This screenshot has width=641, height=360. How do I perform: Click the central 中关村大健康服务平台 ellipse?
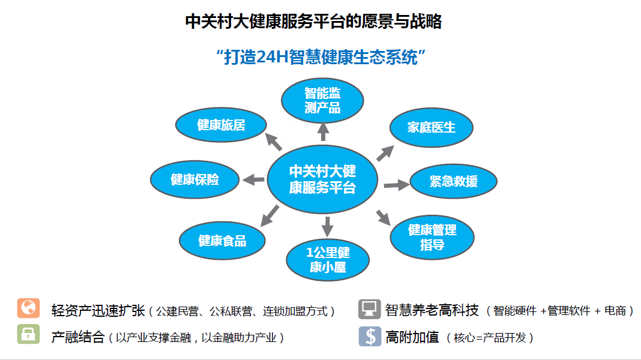coord(322,179)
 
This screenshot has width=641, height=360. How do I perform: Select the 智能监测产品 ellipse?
coord(323,100)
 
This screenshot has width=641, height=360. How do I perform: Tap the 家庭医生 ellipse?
coord(432,127)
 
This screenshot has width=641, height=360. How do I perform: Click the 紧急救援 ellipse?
coord(453,181)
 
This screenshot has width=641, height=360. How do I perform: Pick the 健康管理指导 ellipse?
coord(432,236)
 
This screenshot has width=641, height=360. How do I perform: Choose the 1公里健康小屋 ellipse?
coord(327,259)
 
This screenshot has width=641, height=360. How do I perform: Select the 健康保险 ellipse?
coord(195,179)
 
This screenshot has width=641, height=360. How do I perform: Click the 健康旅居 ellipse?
coord(221,125)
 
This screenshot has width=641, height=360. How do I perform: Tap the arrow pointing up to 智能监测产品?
coord(323,131)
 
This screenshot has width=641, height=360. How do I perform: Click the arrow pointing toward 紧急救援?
coord(396,185)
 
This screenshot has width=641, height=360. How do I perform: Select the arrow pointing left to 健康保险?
coord(253,179)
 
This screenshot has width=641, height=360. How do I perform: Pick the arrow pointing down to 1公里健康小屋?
coord(327,226)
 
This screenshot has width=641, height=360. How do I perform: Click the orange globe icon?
coord(28,308)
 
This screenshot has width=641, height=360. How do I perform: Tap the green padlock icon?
coord(28,335)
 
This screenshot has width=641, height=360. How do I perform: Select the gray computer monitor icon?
coord(369,309)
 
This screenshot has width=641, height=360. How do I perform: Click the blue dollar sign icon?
coord(370,336)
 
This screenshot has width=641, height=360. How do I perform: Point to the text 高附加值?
coord(412,337)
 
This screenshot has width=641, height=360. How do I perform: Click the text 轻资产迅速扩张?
coord(98,310)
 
